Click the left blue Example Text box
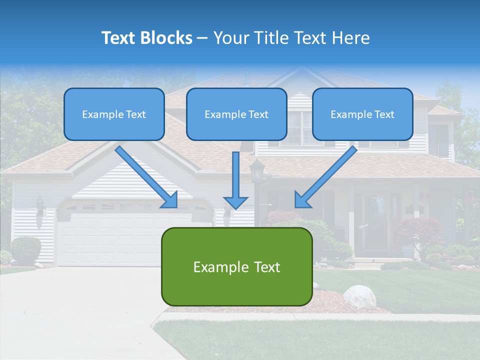(114, 114)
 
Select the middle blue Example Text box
(236, 114)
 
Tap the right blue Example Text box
(362, 114)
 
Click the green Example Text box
(236, 266)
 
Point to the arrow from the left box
(145, 175)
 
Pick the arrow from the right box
(327, 175)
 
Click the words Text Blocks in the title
(146, 38)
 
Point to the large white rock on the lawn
(359, 296)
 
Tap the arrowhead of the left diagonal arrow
(169, 199)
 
